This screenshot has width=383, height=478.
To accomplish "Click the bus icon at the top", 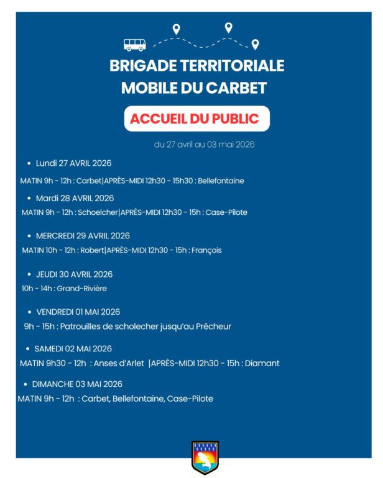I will click(135, 45).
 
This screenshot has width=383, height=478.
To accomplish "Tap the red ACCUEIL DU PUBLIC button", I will click(196, 119).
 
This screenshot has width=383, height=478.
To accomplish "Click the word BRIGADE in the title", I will click(140, 66).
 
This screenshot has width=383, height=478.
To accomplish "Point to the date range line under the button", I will click(204, 145).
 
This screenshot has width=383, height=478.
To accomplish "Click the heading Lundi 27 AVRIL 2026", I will click(73, 163).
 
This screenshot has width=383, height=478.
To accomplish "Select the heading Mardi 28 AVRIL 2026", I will click(75, 199).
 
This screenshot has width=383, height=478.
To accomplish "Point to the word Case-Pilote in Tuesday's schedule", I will click(228, 212).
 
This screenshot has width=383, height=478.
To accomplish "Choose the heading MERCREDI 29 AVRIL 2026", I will click(83, 236).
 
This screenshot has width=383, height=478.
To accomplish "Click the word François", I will click(206, 250).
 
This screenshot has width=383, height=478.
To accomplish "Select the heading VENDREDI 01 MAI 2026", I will click(78, 312).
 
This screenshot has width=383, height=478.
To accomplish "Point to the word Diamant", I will click(262, 363).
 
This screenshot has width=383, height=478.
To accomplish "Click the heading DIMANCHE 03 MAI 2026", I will click(77, 384).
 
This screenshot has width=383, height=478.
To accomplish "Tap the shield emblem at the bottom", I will click(205, 458).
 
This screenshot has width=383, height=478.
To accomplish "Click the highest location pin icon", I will click(228, 27).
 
